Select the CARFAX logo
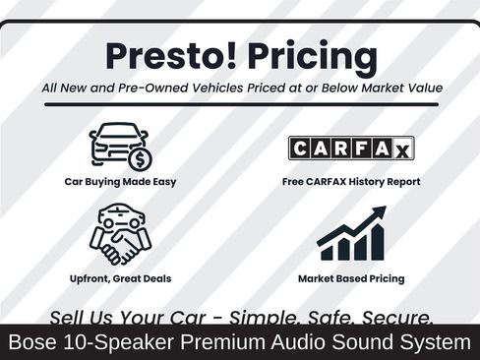350,148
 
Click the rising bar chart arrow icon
350,233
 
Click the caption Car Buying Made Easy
120,182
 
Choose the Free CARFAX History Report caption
350,182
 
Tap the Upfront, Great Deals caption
120,278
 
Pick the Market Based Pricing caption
350,278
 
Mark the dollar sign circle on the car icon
140,159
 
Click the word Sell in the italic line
69,317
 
